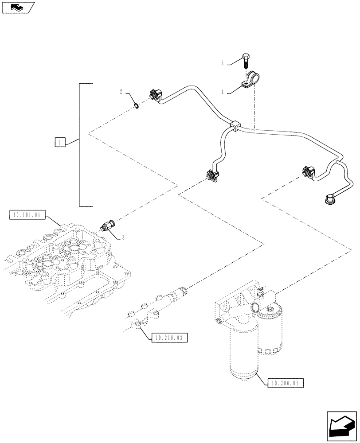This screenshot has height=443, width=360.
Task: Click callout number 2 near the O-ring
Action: point(121,92)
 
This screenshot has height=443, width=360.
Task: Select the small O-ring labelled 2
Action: point(137,105)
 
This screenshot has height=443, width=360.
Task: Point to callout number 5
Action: point(223,63)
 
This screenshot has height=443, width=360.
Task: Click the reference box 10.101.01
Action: point(27,216)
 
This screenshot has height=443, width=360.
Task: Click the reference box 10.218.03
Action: point(169,338)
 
